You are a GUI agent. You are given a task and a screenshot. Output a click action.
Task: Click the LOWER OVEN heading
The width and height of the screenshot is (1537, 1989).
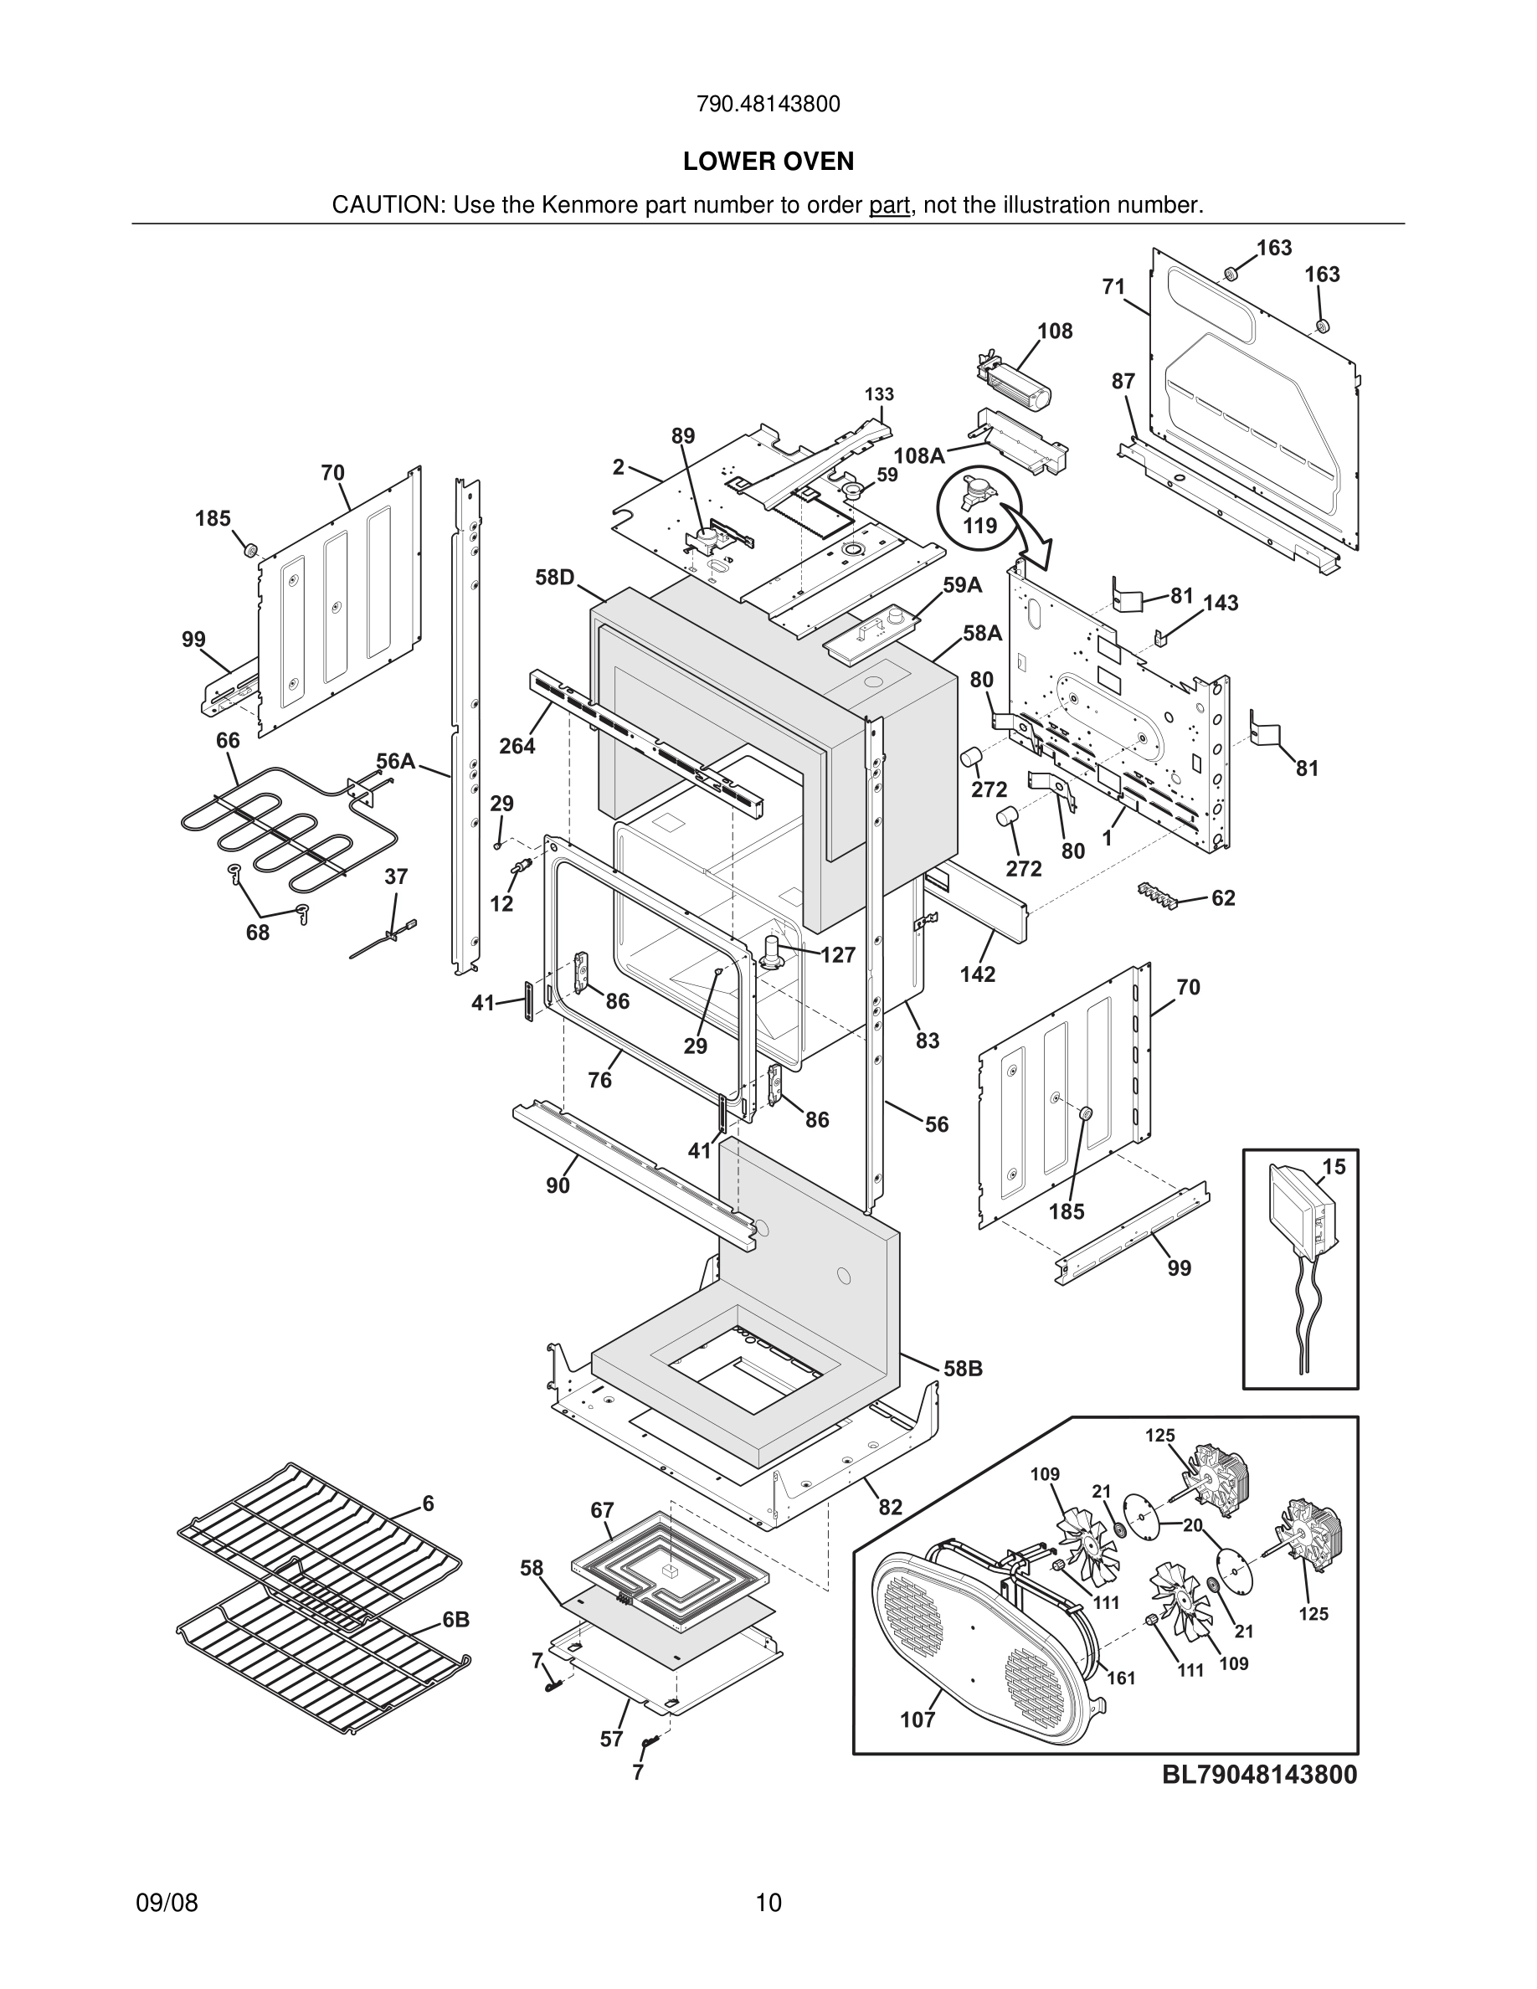[x=768, y=162]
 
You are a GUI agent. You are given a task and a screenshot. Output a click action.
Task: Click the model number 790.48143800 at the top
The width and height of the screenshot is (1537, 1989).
[x=768, y=105]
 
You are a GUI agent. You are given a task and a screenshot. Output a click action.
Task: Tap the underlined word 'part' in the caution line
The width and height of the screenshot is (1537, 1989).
[x=889, y=206]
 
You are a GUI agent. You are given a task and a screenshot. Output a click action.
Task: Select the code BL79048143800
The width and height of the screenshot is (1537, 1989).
[x=1259, y=1774]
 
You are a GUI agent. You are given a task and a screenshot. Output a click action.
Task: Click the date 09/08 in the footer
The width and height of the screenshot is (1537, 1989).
[x=167, y=1903]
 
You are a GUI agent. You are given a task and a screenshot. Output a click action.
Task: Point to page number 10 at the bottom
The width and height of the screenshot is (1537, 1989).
[x=768, y=1903]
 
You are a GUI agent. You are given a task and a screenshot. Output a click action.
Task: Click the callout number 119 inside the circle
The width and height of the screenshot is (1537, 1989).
[x=979, y=527]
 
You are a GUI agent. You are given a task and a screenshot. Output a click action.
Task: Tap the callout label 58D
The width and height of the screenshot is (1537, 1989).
[x=554, y=578]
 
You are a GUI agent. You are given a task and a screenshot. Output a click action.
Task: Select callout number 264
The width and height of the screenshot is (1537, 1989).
[x=517, y=746]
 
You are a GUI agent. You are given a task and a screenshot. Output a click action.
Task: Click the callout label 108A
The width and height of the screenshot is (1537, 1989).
[x=918, y=456]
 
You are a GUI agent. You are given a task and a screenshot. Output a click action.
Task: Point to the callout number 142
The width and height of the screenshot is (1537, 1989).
[x=977, y=974]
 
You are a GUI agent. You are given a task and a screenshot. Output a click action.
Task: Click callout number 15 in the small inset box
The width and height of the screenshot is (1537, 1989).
[x=1333, y=1167]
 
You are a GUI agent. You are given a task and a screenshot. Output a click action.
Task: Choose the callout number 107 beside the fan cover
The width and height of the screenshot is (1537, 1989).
[x=918, y=1719]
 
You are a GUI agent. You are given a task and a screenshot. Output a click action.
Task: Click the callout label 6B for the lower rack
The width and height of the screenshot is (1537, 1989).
[x=456, y=1620]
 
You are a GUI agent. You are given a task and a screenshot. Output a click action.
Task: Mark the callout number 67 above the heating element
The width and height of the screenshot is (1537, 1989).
[x=602, y=1510]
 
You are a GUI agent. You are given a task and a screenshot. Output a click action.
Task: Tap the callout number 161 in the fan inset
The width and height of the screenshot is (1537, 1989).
[x=1121, y=1678]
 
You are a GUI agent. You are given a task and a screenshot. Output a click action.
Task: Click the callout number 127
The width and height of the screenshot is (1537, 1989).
[x=838, y=954]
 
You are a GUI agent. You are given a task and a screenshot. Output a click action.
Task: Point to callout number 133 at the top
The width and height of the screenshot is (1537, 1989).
[x=879, y=394]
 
